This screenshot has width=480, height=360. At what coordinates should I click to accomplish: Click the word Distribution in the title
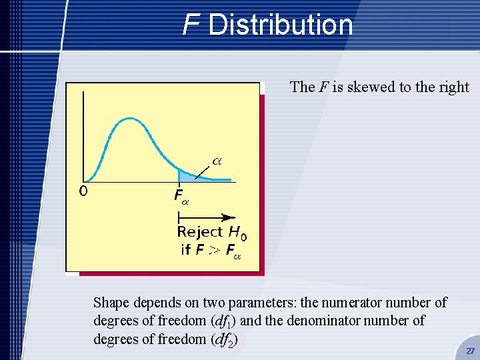[280, 25]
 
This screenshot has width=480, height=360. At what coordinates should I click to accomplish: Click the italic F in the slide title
[191, 25]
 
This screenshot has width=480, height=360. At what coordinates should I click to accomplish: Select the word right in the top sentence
[453, 87]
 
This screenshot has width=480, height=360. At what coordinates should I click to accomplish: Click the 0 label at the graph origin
[83, 191]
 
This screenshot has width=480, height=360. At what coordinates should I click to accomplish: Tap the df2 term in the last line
[223, 340]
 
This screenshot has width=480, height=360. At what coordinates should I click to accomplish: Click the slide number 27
[470, 351]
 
